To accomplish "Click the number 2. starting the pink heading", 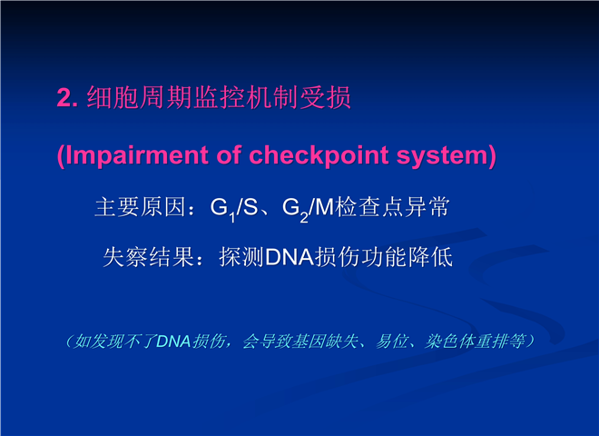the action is click(68, 98).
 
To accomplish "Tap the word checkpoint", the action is click(319, 155).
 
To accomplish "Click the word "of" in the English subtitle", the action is click(229, 154).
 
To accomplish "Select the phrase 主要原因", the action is click(140, 207).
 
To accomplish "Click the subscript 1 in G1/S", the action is click(231, 218).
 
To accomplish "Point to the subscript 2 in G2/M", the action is click(304, 218).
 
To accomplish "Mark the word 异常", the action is click(427, 207).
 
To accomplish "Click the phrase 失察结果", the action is click(149, 257).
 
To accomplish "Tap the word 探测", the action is click(241, 257).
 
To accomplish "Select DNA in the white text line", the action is click(290, 257).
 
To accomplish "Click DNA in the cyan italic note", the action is click(174, 342).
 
